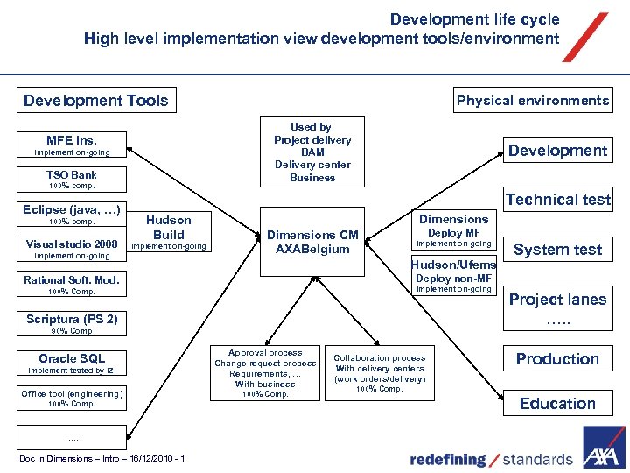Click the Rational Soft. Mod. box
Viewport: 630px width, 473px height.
tap(72, 280)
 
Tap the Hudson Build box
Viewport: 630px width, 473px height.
tap(168, 228)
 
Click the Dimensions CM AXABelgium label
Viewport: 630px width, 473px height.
tap(312, 242)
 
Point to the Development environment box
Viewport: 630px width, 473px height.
tap(557, 151)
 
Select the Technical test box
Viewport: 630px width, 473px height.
tap(557, 200)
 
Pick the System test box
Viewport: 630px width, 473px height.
tap(557, 250)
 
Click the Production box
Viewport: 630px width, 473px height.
tap(557, 359)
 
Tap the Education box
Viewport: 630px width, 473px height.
tap(557, 404)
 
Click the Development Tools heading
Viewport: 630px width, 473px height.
tap(96, 101)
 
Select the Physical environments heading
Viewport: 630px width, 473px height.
tap(532, 101)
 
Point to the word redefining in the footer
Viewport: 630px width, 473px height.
tap(448, 459)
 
